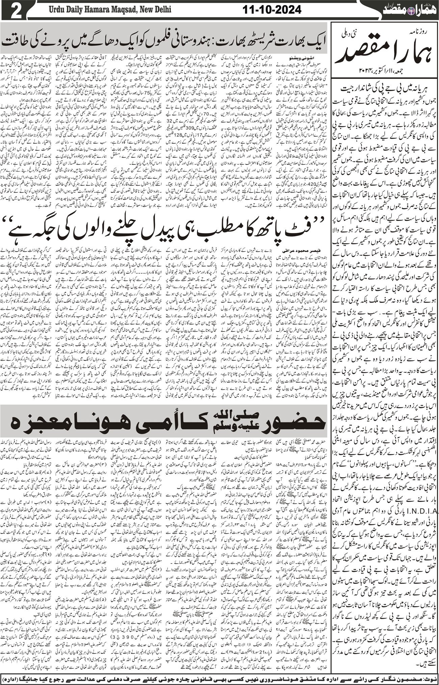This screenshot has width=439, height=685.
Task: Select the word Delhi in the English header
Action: [x=161, y=10]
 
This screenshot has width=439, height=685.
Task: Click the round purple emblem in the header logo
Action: [x=400, y=10]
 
